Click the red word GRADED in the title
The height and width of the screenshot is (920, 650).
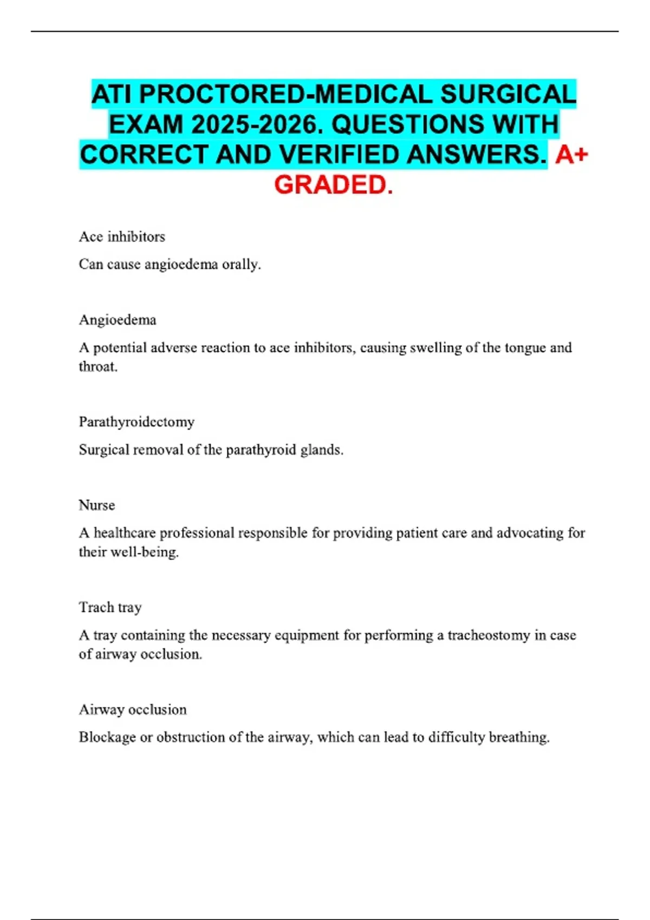(x=333, y=185)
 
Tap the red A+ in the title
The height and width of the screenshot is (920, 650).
(x=571, y=155)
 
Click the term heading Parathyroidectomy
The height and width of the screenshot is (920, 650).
(x=136, y=422)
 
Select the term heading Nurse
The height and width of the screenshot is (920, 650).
(x=97, y=505)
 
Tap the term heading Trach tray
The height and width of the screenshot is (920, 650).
(x=110, y=607)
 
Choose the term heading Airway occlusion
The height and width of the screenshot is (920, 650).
(x=133, y=709)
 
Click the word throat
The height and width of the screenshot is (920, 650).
(x=98, y=367)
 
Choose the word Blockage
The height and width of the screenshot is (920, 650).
(x=107, y=737)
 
